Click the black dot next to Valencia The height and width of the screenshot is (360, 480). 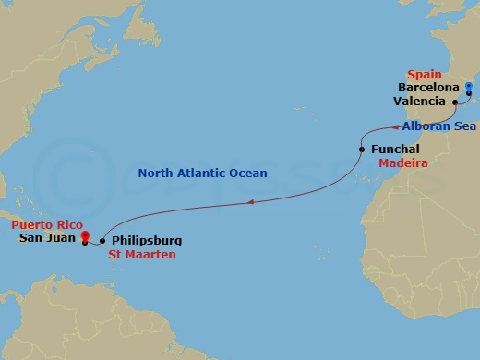(x=455, y=102)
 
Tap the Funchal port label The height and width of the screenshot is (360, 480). (x=395, y=149)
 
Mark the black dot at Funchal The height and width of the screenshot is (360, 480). (x=362, y=149)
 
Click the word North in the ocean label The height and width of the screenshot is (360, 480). (x=156, y=173)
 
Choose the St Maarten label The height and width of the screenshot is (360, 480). (x=142, y=254)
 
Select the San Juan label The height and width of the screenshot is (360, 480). (x=46, y=237)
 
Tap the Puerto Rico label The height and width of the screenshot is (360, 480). (x=46, y=224)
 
